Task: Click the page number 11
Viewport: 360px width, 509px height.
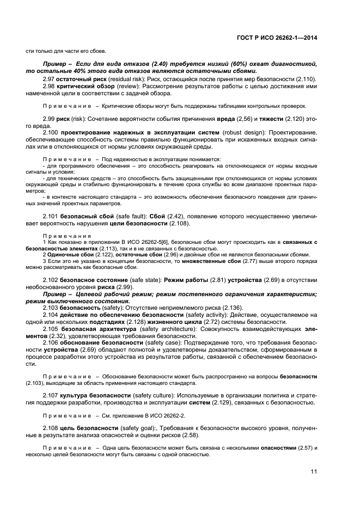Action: point(314,471)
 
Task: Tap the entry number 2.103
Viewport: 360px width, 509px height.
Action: point(50,308)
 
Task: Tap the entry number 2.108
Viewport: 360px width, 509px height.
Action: point(50,428)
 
